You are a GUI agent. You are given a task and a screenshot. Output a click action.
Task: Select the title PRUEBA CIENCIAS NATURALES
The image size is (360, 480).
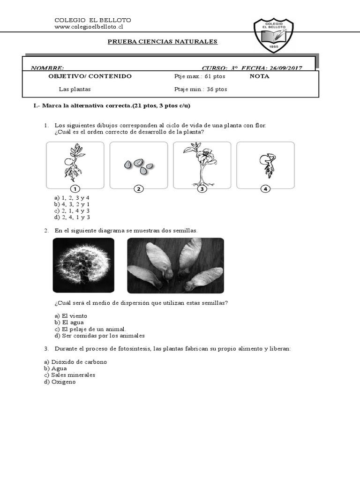[163, 42]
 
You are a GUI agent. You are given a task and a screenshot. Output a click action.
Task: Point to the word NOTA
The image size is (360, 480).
[259, 76]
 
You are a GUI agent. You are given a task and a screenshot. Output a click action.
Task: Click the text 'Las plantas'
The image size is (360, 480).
[75, 89]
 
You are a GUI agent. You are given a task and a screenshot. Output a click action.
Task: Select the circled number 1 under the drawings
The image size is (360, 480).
[75, 189]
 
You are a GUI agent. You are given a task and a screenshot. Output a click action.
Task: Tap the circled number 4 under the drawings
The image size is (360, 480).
[265, 189]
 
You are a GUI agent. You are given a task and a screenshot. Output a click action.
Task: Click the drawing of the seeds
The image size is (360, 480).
[139, 165]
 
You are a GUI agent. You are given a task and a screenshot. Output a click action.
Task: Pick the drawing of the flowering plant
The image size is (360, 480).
[202, 165]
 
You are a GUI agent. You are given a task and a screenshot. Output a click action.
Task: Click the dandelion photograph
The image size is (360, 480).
[83, 265]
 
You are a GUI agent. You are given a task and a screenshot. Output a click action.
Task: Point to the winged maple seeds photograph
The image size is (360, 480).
[175, 265]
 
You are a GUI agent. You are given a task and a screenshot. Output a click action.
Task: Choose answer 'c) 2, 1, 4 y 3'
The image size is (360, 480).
[72, 211]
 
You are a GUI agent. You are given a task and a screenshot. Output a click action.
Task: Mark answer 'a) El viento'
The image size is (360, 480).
[71, 316]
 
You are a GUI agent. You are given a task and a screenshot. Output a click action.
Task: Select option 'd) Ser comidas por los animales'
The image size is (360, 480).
[99, 336]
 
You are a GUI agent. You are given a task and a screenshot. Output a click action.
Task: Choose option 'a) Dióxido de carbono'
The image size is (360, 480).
[75, 362]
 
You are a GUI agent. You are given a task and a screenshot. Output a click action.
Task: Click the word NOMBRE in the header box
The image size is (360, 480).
[47, 68]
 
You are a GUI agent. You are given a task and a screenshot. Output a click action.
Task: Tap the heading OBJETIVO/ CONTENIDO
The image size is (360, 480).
[90, 76]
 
